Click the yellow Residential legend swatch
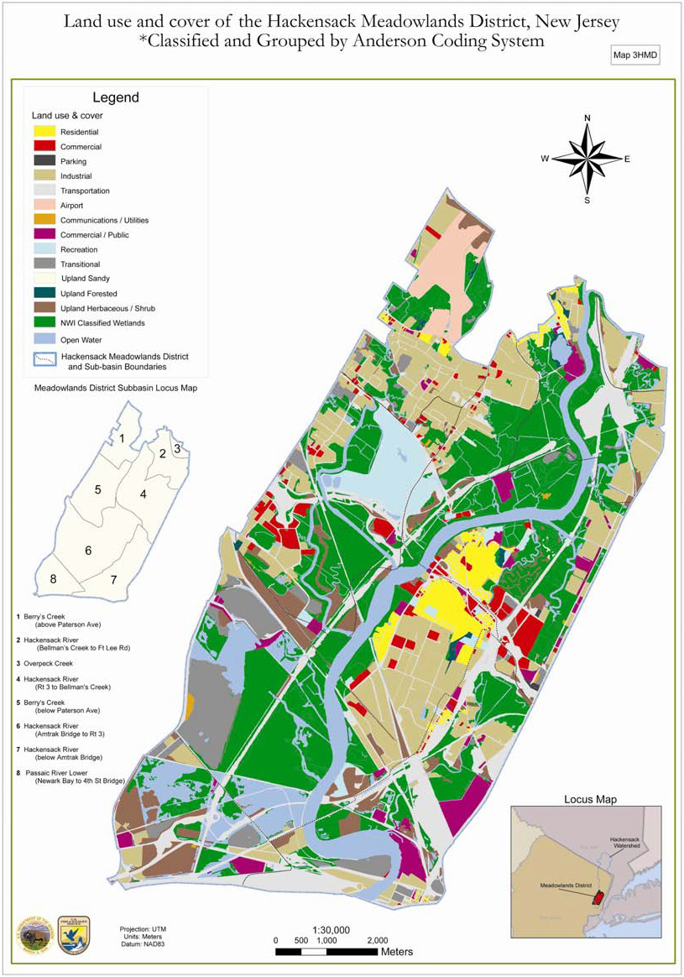coord(45,132)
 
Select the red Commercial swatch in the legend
coord(45,147)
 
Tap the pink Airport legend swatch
coord(45,206)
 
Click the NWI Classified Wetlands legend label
coord(103,323)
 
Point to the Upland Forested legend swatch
coord(45,294)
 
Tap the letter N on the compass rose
coord(587,118)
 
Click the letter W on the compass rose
coord(545,159)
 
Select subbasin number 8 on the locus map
coord(53,578)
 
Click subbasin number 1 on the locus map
coord(122,438)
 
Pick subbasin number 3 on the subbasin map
coord(177,449)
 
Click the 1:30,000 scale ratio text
coord(331,930)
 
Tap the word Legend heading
coord(115,98)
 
